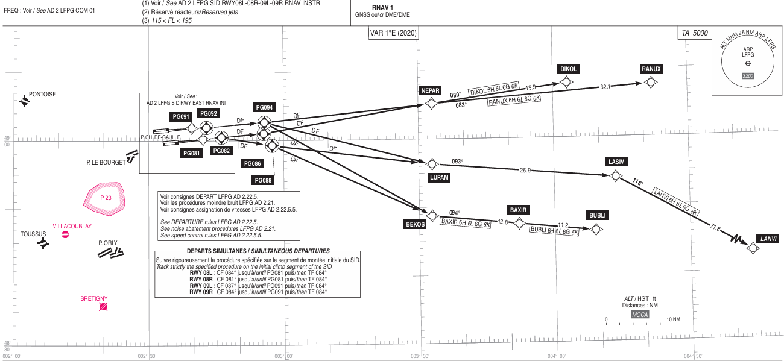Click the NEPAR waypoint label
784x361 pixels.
pyautogui.click(x=431, y=90)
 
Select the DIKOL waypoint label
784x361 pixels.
pyautogui.click(x=568, y=69)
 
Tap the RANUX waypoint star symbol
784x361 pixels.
pyautogui.click(x=650, y=82)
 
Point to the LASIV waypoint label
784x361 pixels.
pyautogui.click(x=616, y=162)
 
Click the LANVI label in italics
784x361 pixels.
pyautogui.click(x=768, y=239)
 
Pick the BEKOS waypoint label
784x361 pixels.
pyautogui.click(x=415, y=224)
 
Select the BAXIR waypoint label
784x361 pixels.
pyautogui.click(x=518, y=210)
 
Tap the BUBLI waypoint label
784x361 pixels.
pyautogui.click(x=598, y=215)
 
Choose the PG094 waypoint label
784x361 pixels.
pyautogui.click(x=265, y=107)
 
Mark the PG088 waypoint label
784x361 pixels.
pyautogui.click(x=263, y=180)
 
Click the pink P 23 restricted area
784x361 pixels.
pyautogui.click(x=106, y=198)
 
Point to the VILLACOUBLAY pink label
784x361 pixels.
pyautogui.click(x=72, y=225)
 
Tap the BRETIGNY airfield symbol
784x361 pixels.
pyautogui.click(x=104, y=307)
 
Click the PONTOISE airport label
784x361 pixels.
pyautogui.click(x=42, y=95)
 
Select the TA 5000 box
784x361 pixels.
pyautogui.click(x=694, y=34)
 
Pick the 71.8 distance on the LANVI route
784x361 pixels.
pyautogui.click(x=715, y=228)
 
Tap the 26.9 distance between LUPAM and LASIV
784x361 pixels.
pyautogui.click(x=525, y=171)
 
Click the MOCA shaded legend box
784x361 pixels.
pyautogui.click(x=640, y=314)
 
